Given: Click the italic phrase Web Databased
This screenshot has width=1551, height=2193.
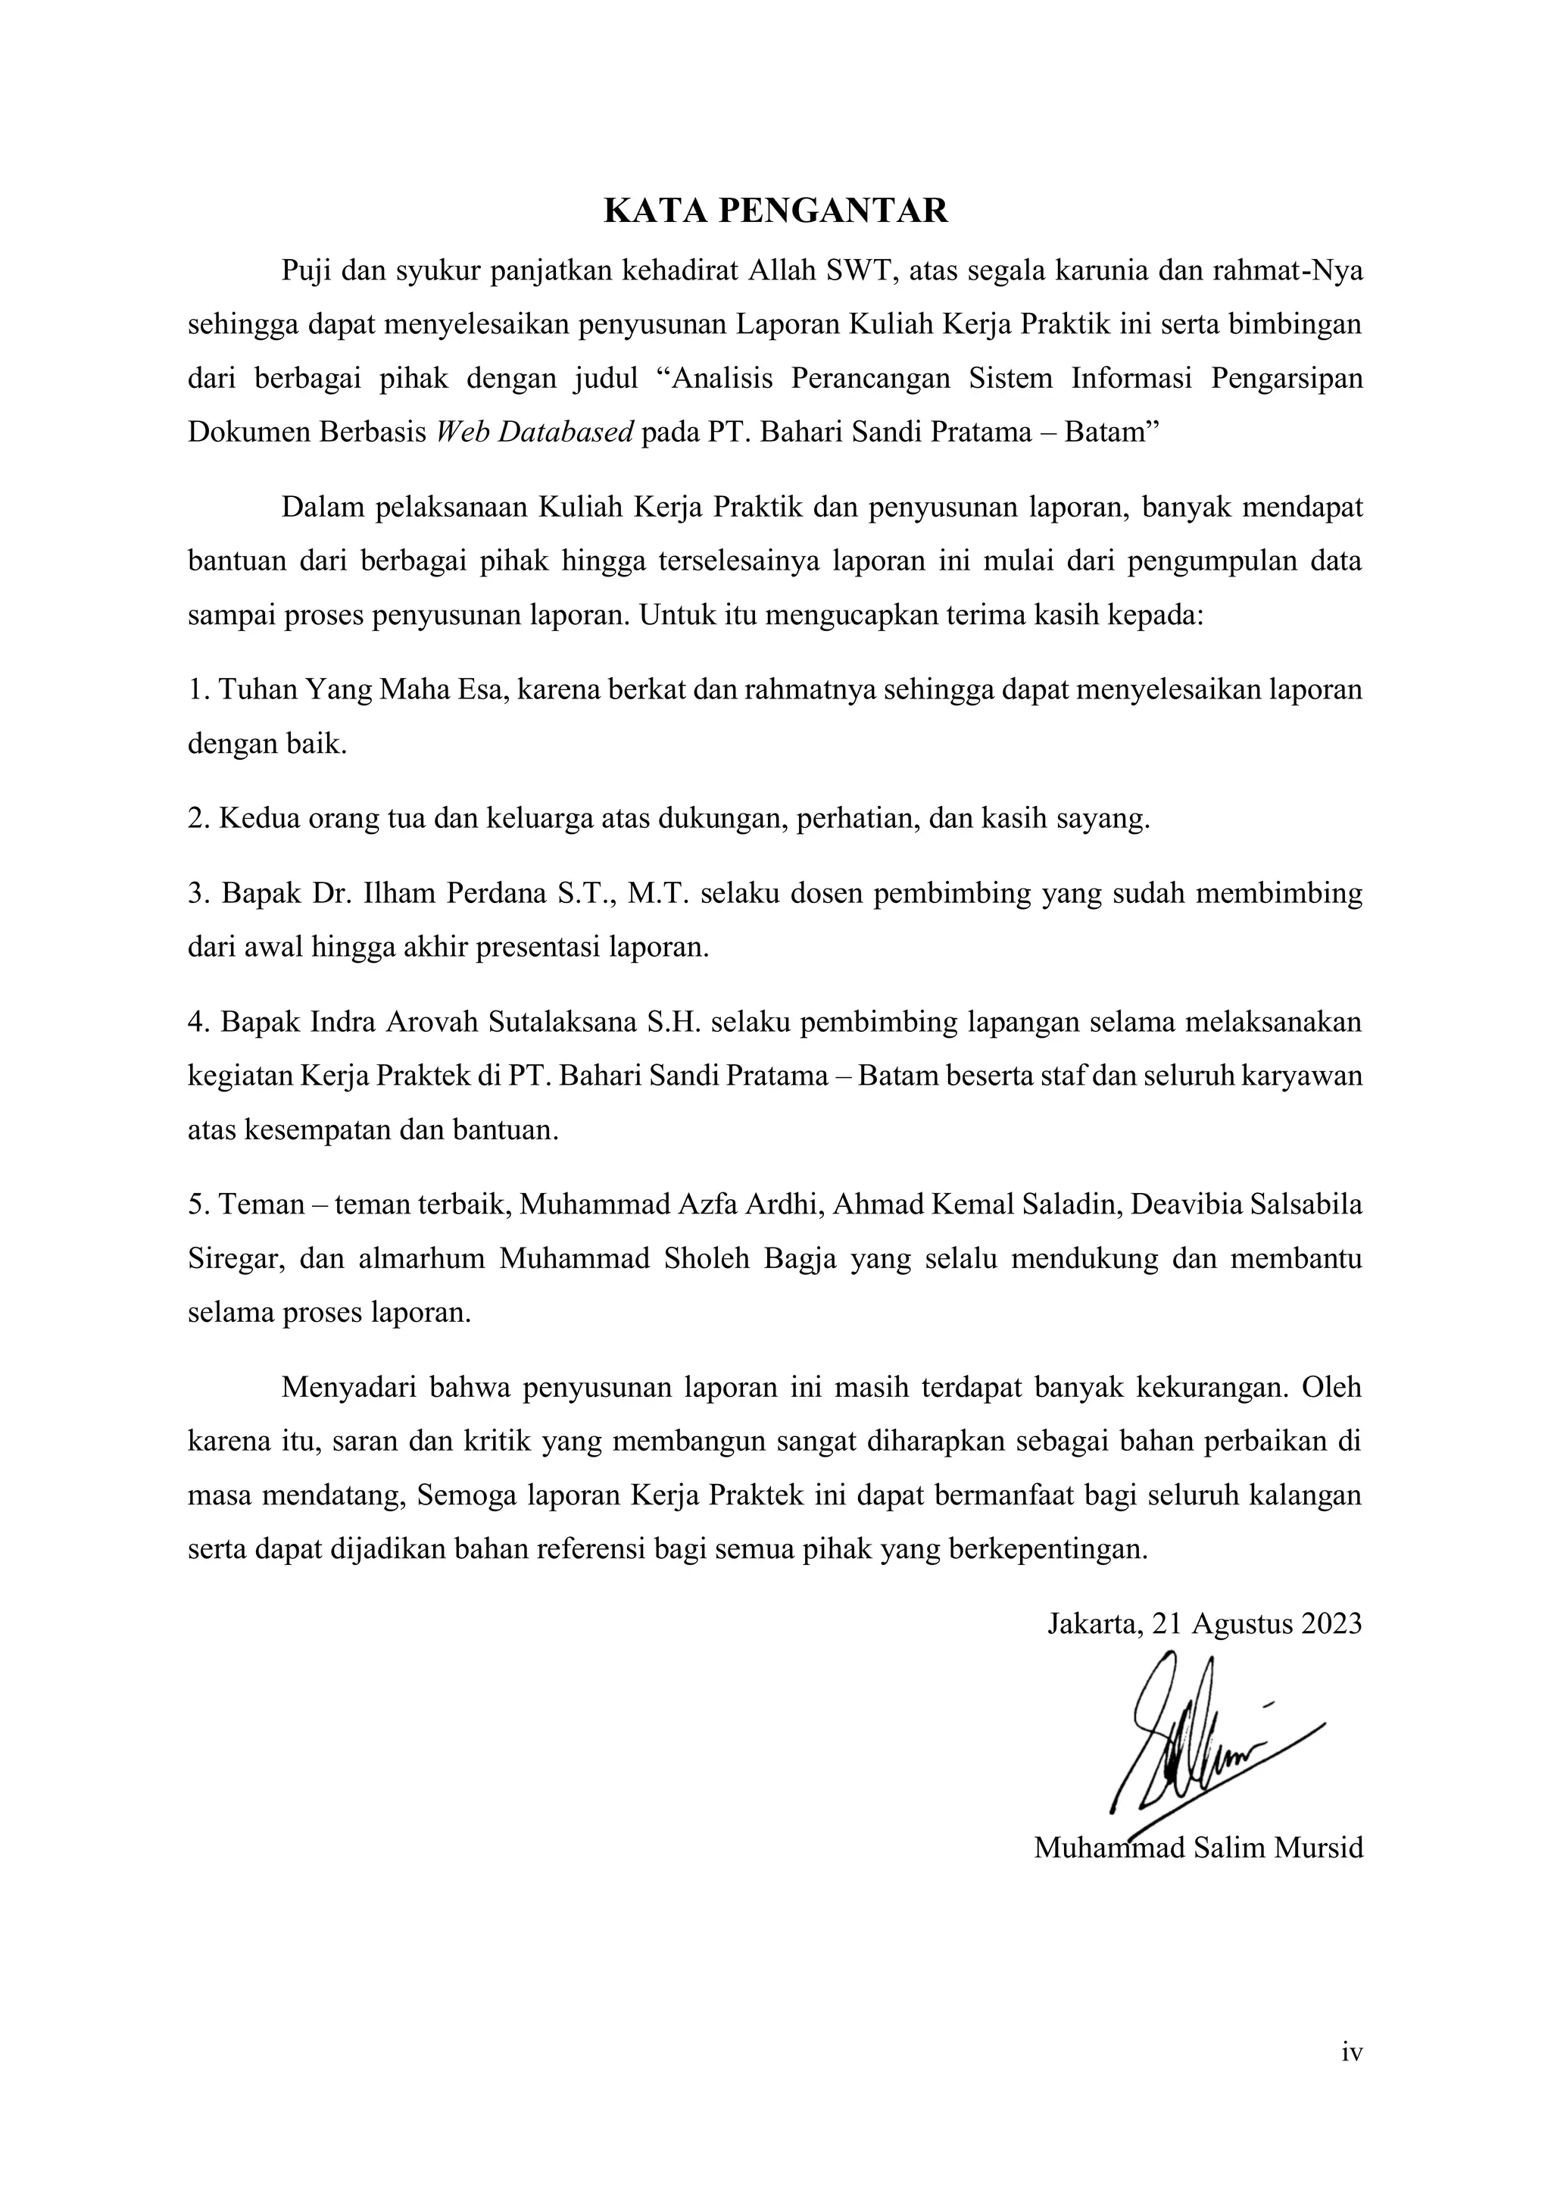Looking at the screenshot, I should (535, 433).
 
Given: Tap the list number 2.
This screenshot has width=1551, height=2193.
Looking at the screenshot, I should (198, 820).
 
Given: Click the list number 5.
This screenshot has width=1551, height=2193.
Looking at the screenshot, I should (198, 1205).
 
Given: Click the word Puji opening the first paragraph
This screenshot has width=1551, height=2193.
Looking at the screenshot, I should (304, 272).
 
